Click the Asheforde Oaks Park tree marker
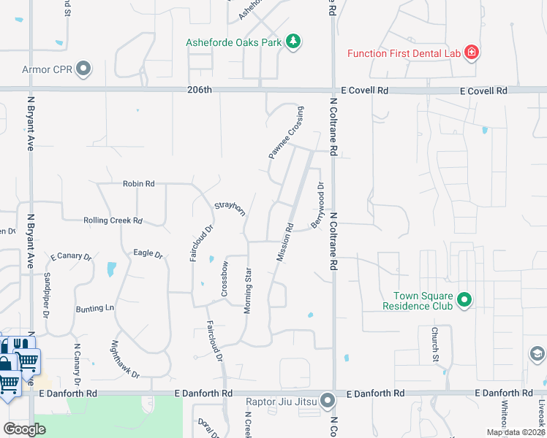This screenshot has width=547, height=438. tap(293, 41)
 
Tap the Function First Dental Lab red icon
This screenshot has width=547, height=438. tap(472, 52)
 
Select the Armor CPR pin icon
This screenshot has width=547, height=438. tap(83, 69)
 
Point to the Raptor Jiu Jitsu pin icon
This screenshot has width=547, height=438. tap(328, 400)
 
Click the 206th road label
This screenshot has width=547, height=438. tap(199, 90)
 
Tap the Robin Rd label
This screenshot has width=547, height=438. tap(138, 184)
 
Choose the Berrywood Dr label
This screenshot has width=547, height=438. tap(317, 205)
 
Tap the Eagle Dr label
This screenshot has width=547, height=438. tap(147, 253)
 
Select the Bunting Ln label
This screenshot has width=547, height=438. tap(95, 309)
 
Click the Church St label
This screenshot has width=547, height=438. tap(433, 345)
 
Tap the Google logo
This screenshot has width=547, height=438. tap(24, 429)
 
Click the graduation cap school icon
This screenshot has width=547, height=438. tap(537, 353)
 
